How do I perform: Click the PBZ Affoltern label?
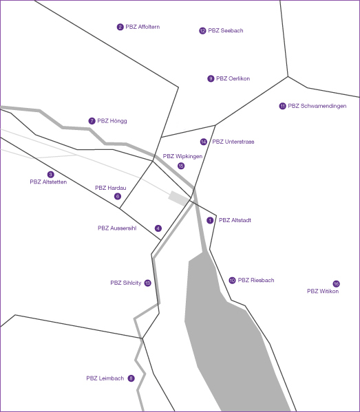point(142,27)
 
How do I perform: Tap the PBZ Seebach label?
point(226,31)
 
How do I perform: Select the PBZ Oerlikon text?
point(233,79)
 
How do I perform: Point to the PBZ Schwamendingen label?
point(317,106)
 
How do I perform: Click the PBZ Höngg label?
point(112,121)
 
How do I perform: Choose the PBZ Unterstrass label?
point(233,142)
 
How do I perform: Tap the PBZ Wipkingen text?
point(183,157)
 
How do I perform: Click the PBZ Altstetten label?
point(48,182)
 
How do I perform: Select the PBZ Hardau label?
point(111,188)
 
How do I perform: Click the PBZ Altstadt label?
point(235,221)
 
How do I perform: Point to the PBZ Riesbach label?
point(256,281)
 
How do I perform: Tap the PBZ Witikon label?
point(323,292)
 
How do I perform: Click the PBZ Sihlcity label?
point(126,283)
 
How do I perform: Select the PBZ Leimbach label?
point(105,378)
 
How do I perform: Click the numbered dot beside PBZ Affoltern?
point(120,27)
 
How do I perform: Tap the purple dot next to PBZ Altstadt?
point(210,221)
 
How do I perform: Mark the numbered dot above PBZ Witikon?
point(336,283)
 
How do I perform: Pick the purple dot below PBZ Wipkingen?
point(181,166)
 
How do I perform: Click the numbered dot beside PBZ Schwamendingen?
point(282,106)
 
